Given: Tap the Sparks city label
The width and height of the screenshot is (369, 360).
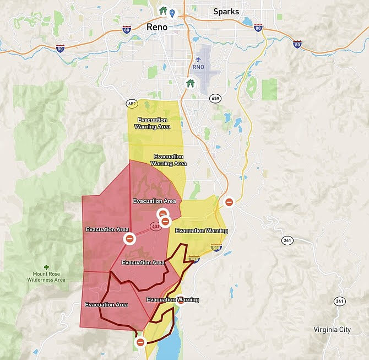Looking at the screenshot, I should coord(226,11).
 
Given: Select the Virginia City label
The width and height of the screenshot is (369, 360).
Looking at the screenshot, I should coord(335,330).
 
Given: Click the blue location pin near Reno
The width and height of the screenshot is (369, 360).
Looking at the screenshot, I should coord(172,13).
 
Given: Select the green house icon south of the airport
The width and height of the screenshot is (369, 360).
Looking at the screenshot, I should coord(190,83).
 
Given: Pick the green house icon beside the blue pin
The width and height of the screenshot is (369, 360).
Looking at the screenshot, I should coord(162,10).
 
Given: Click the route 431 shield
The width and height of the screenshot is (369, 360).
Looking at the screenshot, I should coord(156,226).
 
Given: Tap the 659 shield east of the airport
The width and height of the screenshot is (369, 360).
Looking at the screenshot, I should coord(215,98).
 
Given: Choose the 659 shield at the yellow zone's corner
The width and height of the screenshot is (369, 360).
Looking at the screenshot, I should coord(132,103).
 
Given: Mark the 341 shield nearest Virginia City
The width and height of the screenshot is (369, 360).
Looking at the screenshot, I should coord(339,301).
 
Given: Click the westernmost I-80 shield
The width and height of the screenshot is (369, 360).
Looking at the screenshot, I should coord(60,49).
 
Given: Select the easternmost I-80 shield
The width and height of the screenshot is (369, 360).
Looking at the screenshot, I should coord(297,43).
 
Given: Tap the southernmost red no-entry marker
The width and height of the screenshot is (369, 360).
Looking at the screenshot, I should coord(140,342).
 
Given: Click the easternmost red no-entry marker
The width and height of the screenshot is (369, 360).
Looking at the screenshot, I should coord(229,202).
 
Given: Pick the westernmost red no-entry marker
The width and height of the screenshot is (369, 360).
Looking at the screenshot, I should coord(130,239).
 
